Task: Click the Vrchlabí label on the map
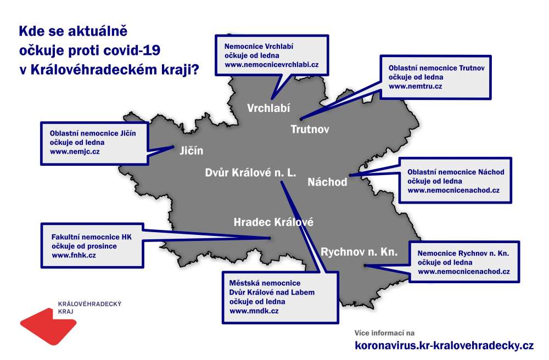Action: pyautogui.click(x=268, y=108)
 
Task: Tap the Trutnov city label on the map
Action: pyautogui.click(x=310, y=130)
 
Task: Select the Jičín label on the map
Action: pyautogui.click(x=192, y=150)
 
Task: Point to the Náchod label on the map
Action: pyautogui.click(x=327, y=182)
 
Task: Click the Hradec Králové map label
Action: pyautogui.click(x=273, y=222)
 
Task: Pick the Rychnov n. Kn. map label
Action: pyautogui.click(x=359, y=252)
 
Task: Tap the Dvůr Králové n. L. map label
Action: pyautogui.click(x=251, y=172)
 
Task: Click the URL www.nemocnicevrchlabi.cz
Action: pyautogui.click(x=272, y=65)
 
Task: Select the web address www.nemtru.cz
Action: pyautogui.click(x=416, y=86)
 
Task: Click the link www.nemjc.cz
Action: pyautogui.click(x=75, y=152)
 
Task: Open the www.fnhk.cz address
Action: pyautogui.click(x=74, y=255)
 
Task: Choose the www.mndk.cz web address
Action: pyautogui.click(x=254, y=311)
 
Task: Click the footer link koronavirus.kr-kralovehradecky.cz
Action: pyautogui.click(x=444, y=346)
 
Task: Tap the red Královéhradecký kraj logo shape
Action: pyautogui.click(x=48, y=326)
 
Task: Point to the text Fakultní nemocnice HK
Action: pyautogui.click(x=92, y=237)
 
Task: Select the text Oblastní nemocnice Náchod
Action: pyautogui.click(x=456, y=172)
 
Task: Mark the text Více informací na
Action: pyautogui.click(x=384, y=333)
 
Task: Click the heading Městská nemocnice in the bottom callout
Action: pyautogui.click(x=265, y=283)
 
